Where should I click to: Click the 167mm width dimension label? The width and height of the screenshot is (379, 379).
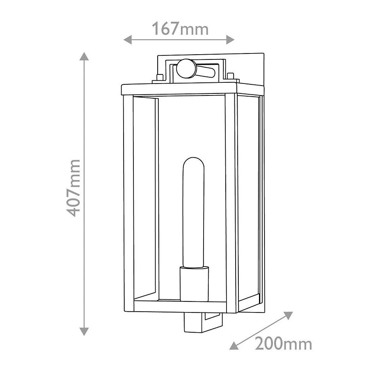coord(180,29)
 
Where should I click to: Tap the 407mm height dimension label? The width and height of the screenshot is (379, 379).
coord(73,188)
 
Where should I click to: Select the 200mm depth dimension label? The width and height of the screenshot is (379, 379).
coord(283,344)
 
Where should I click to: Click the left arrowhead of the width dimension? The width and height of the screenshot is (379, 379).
coord(128,39)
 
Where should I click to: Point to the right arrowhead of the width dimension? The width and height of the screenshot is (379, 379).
coord(230,39)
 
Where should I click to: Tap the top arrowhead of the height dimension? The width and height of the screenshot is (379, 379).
coord(84,56)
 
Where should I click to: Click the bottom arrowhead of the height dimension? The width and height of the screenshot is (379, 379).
coord(84,331)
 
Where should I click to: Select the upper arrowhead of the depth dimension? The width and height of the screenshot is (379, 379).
coord(288,315)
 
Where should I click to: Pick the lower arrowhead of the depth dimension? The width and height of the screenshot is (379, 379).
coord(234,346)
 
